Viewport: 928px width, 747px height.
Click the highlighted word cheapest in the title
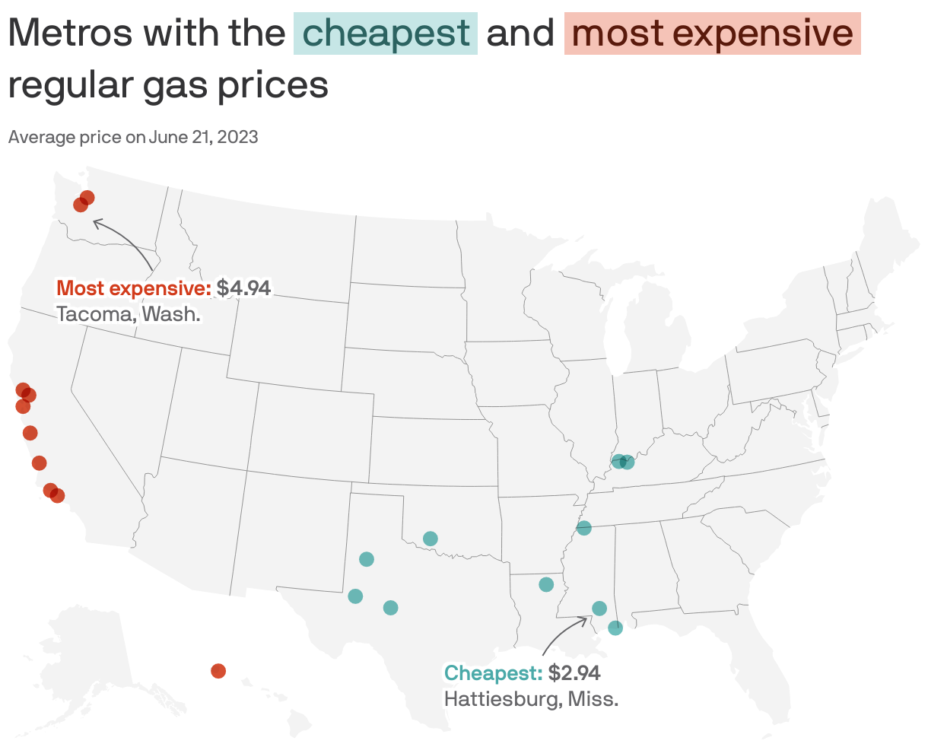[386, 33]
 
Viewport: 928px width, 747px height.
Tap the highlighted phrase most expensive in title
[712, 33]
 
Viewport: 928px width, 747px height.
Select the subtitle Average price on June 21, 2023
[133, 137]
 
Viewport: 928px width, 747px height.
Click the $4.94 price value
[243, 288]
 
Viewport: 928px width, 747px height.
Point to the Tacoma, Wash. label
[129, 313]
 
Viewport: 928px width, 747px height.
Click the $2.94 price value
[574, 673]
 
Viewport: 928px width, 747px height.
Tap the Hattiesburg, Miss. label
[531, 698]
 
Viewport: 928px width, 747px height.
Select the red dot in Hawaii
[218, 670]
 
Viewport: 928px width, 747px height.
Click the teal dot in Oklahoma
[430, 539]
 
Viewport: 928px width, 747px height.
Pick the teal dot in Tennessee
[584, 528]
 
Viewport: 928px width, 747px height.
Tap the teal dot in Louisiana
[546, 584]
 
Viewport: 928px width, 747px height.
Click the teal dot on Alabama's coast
[615, 628]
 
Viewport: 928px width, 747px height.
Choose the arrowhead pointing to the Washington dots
[95, 222]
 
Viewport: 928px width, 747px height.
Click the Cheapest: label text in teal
[493, 673]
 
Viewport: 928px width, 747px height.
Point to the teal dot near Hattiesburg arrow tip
[599, 608]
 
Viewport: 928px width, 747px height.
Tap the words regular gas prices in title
[168, 85]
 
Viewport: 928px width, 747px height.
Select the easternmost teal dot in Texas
[391, 607]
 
